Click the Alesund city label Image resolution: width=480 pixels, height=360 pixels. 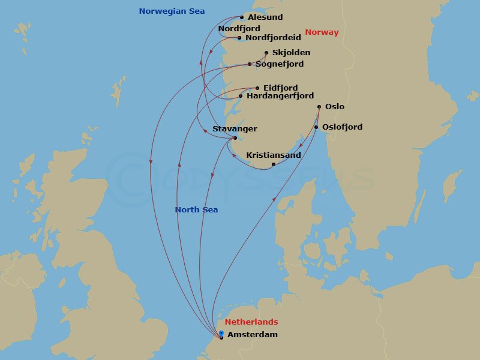pos(265,17)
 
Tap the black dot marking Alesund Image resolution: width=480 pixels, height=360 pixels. pos(242,17)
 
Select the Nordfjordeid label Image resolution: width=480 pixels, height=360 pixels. pos(273,37)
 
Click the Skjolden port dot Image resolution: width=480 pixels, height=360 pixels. pos(266,52)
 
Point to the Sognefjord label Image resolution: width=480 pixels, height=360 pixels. pos(280,64)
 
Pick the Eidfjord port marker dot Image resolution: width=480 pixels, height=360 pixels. pos(257,88)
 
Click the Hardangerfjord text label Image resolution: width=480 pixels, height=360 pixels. pos(280,96)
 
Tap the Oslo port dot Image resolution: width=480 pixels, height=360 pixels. pos(319,107)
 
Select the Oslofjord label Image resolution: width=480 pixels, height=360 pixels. pos(342,127)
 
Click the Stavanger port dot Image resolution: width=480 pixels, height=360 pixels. pos(235,139)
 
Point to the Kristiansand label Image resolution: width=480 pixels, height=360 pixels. pos(274,155)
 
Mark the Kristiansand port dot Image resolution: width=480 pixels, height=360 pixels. pos(274,164)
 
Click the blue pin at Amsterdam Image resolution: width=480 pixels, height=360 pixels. pos(221,334)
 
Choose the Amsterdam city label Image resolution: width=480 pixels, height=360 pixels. pos(252,335)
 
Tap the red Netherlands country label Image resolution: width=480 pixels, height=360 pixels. pos(251,322)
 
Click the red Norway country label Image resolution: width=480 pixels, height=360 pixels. pos(322,32)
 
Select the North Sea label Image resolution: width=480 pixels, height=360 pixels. pos(196,210)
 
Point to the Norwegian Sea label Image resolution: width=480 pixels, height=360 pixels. pos(172,11)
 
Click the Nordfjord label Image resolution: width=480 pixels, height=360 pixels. pos(239,28)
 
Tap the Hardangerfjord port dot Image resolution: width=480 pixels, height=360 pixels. pos(241,96)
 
